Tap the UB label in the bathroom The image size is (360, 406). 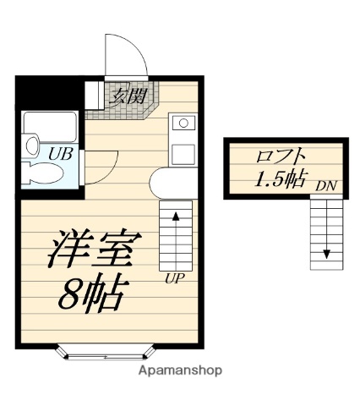pos(58,154)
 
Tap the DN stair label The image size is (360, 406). pos(325,184)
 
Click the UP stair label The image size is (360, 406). pos(174,277)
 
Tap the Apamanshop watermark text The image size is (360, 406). pos(180,371)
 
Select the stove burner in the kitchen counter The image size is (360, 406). pos(182,123)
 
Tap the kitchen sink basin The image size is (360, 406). pos(183,154)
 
